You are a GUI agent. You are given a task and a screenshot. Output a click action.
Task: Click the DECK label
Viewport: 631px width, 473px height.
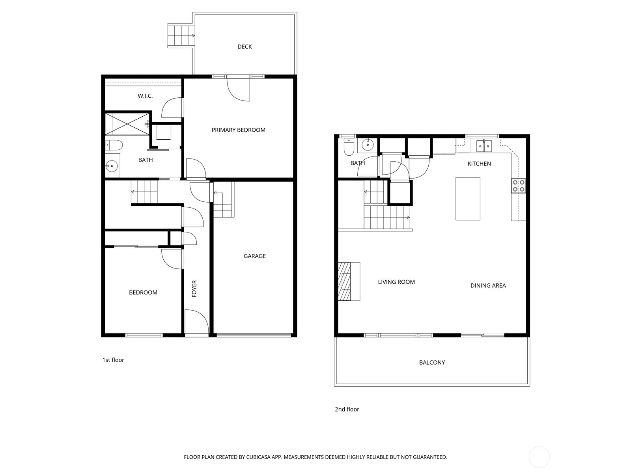click(245, 47)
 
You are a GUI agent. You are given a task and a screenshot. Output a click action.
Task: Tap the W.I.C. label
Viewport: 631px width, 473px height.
click(145, 96)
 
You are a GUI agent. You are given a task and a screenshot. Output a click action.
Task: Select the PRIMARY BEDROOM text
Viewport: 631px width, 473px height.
click(238, 130)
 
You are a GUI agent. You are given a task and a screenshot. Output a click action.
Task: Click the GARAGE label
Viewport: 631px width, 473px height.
click(254, 256)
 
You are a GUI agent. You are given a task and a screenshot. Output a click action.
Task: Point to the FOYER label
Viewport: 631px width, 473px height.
click(194, 289)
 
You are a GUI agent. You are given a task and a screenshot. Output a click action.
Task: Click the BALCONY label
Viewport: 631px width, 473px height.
click(432, 362)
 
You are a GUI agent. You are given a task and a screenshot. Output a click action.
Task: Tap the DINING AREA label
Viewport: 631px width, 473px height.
click(488, 285)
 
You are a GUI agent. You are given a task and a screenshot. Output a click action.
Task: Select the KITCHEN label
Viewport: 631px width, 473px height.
click(479, 164)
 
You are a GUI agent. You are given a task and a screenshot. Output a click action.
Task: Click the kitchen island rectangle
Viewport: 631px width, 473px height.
click(468, 199)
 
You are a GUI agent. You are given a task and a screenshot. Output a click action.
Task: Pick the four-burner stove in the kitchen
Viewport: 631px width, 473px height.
click(519, 186)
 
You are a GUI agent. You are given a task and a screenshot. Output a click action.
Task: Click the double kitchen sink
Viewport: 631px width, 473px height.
click(484, 146)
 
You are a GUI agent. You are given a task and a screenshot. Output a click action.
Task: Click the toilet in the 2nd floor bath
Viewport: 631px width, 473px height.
click(349, 147)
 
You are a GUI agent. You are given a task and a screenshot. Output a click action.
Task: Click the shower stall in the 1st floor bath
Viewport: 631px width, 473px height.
click(127, 123)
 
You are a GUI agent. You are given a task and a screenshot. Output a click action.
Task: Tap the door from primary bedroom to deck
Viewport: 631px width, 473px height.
click(239, 89)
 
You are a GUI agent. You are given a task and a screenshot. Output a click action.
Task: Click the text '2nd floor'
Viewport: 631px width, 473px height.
click(347, 409)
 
